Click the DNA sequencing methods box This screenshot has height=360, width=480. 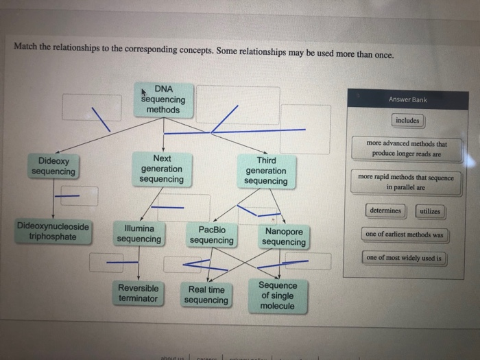coord(163,99)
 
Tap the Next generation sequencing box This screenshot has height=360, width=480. coord(162,169)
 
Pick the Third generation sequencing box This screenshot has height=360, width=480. coord(266,171)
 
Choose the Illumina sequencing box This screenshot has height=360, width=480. coord(139,234)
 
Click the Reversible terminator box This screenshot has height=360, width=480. coord(138,293)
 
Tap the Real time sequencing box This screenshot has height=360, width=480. coord(206,295)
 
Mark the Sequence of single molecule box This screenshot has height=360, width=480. coord(278,296)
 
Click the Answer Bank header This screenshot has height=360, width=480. coord(407,99)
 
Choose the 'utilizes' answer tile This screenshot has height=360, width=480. coord(429,211)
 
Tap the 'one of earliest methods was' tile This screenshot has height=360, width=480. coord(405,235)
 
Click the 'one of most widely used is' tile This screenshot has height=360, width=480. coord(405,259)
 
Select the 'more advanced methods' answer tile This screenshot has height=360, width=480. coord(407,149)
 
